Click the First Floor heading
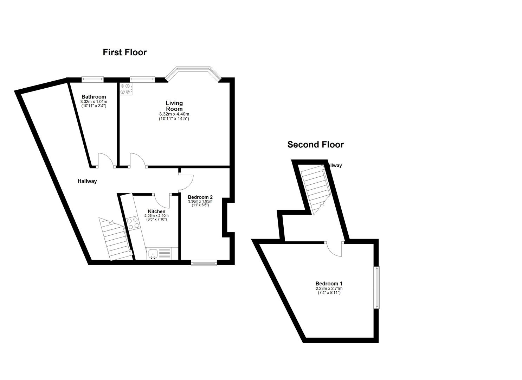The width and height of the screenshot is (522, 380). pos(124,52)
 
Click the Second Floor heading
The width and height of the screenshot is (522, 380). pos(315,145)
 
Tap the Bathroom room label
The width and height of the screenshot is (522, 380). pos(94,97)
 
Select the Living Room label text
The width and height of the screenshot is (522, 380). pos(174,106)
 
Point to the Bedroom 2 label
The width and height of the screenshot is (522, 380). pos(200,197)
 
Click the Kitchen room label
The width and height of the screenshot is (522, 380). pos(156,211)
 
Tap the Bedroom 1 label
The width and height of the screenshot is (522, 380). pos(329,284)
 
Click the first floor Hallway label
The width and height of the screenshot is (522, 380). pos(87,181)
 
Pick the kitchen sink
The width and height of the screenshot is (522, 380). pos(153,253)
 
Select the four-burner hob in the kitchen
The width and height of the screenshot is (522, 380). pos(133,223)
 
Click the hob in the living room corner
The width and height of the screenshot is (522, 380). pos(125,89)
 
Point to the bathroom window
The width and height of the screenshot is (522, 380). pos(93,79)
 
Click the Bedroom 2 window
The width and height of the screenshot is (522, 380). pos(204,262)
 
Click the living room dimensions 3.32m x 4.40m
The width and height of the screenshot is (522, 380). pos(174,114)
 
